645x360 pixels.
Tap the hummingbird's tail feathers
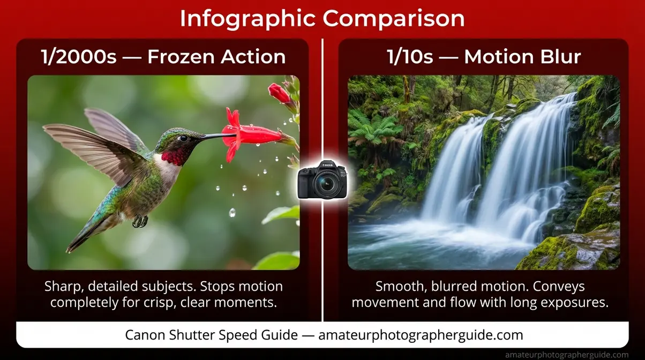coord(80,236)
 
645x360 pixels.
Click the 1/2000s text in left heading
coord(78,57)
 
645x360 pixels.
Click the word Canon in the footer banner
coord(144,335)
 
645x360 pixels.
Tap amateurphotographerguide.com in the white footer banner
coord(421,335)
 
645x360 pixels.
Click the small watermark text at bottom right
coord(567,355)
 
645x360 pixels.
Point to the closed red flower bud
coord(280,94)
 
